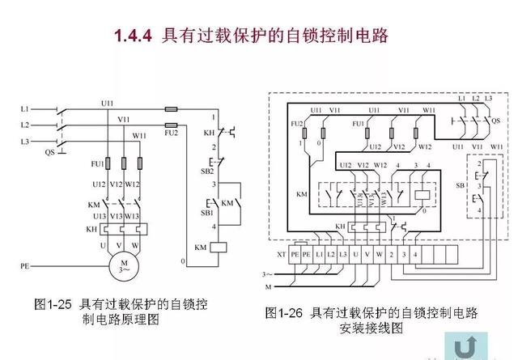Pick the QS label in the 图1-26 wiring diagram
(495, 118)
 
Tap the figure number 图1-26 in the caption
(286, 312)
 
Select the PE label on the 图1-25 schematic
(24, 265)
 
